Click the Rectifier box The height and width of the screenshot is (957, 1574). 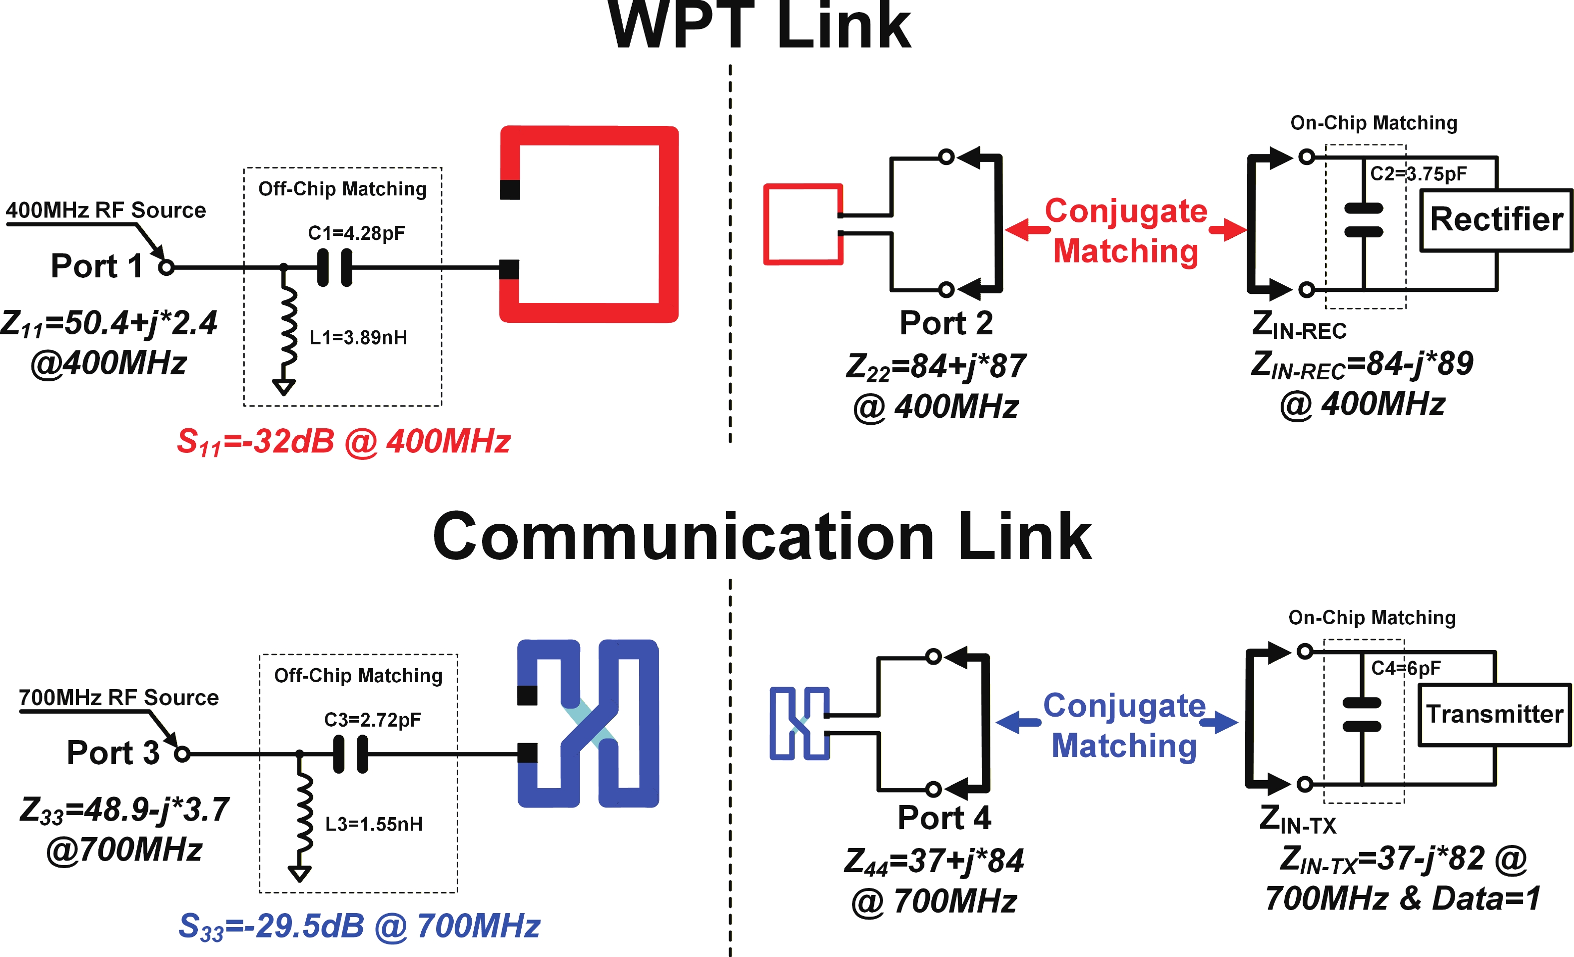coord(1496,220)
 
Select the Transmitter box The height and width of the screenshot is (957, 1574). coord(1494,714)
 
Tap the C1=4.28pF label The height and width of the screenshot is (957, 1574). coord(356,233)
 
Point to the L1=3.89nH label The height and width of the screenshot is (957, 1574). coord(358,337)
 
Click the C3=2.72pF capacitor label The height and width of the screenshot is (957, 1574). coord(372,720)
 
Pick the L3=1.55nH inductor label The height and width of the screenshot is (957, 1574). coord(374,824)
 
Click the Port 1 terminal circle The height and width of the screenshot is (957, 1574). coord(167,268)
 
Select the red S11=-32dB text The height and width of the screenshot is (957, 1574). coord(343,442)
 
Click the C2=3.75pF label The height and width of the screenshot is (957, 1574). coord(1418,174)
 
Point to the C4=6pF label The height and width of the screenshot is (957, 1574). coord(1405,668)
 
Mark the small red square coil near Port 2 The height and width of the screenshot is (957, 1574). coord(803,224)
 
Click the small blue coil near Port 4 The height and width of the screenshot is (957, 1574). coord(799,723)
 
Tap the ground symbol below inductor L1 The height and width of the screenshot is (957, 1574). coord(284,386)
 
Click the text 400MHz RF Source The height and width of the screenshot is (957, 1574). coord(105,210)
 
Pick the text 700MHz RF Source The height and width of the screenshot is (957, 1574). coord(119,697)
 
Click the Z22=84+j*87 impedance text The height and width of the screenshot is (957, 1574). coord(935,367)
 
